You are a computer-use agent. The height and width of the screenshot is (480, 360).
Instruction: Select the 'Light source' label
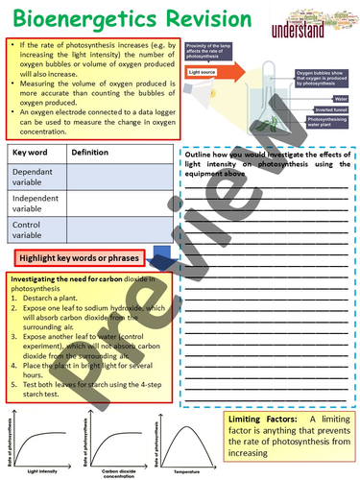pyautogui.click(x=204, y=72)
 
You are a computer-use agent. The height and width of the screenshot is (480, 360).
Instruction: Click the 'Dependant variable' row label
pyautogui.click(x=35, y=175)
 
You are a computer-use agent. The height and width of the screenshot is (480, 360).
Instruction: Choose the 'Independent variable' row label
pyautogui.click(x=36, y=203)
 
